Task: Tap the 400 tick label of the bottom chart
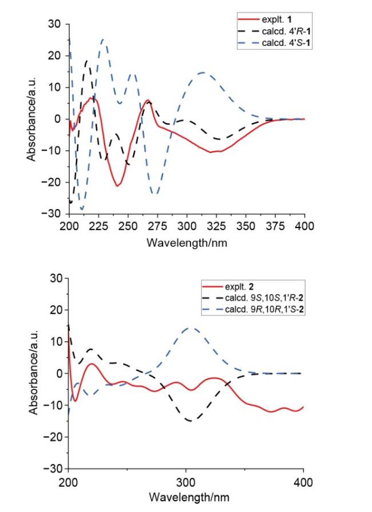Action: pyautogui.click(x=303, y=481)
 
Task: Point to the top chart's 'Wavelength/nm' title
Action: pyautogui.click(x=187, y=242)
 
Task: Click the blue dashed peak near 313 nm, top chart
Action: pyautogui.click(x=203, y=73)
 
